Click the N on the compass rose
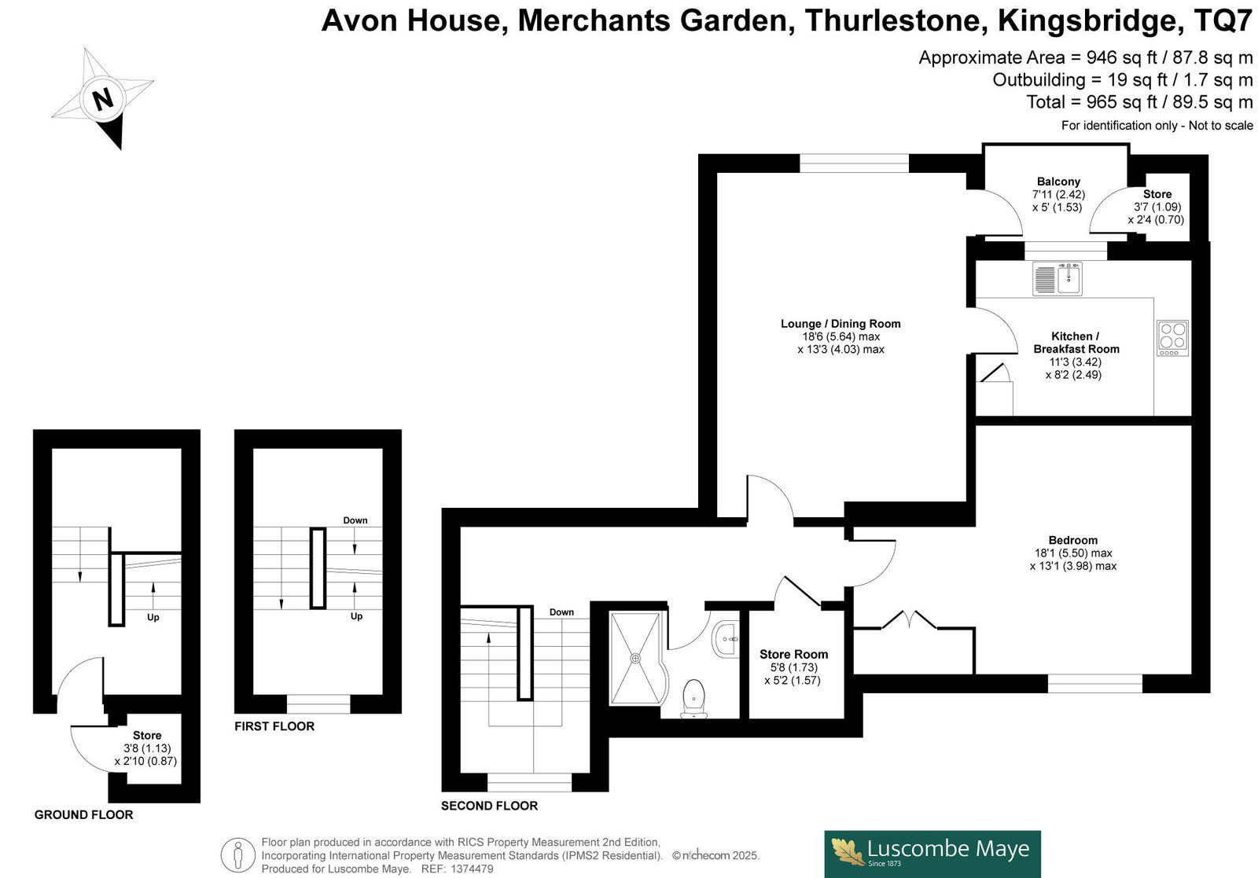pos(103,99)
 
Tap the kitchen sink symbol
pos(1057,278)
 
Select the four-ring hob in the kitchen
pos(1172,338)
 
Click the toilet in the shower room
pos(694,699)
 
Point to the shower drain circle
pos(635,659)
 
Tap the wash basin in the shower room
pos(725,639)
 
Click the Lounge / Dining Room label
pos(841,324)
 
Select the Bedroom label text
pos(1073,540)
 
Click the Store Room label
pos(793,655)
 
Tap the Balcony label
pos(1058,182)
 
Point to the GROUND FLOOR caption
pos(83,814)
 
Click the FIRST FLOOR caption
pos(274,726)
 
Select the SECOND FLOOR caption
pos(490,806)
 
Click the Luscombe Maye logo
pos(932,854)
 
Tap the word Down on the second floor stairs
pos(561,612)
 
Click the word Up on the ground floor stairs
pos(153,618)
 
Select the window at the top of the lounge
pos(854,163)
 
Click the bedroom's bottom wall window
pos(1095,683)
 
